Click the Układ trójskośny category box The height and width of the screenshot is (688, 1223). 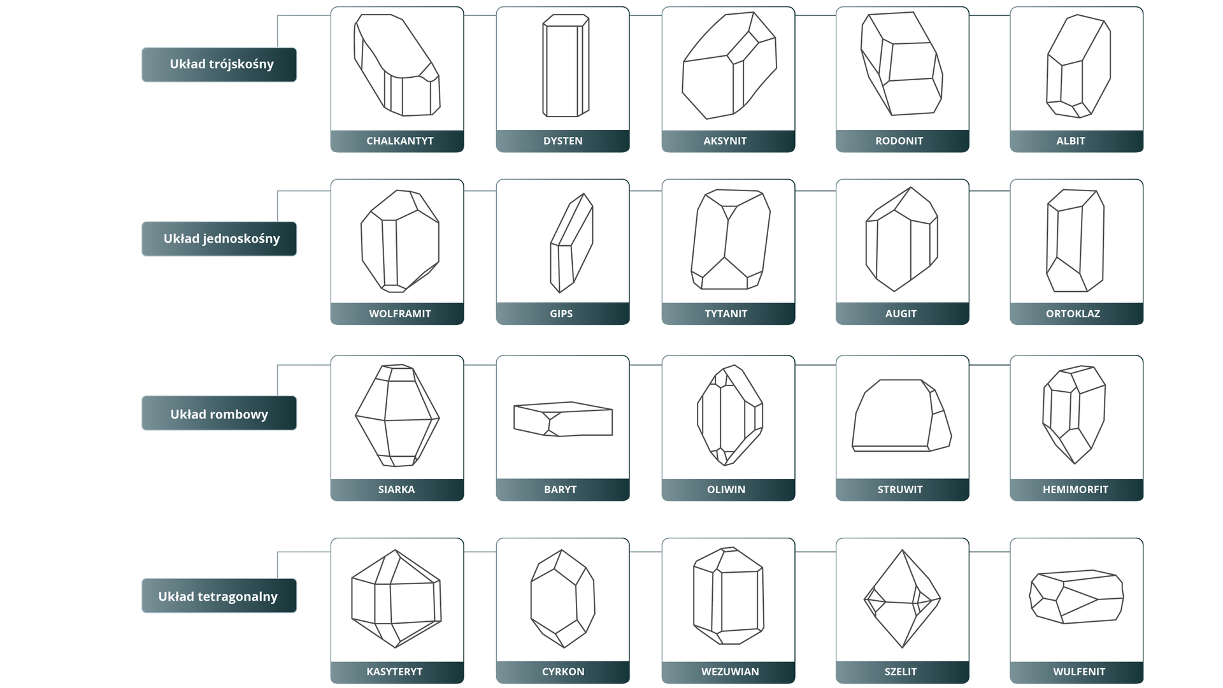(219, 64)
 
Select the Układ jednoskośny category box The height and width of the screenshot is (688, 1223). (219, 239)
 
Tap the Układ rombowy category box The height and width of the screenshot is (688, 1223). (219, 413)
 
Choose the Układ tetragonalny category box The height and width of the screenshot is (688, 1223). (219, 596)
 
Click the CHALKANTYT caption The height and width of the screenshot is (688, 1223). (400, 141)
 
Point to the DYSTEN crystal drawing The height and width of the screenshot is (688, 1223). (566, 66)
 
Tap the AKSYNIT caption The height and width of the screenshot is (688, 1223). (725, 141)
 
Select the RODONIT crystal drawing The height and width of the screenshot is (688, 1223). (901, 64)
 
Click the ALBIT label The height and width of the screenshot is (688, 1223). (1071, 141)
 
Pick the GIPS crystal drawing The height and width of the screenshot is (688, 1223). (571, 243)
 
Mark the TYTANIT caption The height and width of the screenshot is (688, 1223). (726, 313)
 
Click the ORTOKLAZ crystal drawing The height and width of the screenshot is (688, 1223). (1075, 240)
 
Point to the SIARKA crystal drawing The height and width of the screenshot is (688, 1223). (397, 415)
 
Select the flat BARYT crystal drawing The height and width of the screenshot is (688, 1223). (563, 419)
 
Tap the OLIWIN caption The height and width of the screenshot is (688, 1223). (726, 489)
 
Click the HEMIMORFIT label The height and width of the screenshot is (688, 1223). (1076, 489)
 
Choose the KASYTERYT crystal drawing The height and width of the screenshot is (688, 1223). (396, 599)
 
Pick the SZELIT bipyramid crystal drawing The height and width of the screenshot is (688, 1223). (902, 599)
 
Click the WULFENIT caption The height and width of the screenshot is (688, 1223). (1079, 671)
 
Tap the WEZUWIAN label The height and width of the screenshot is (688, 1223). (730, 671)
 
